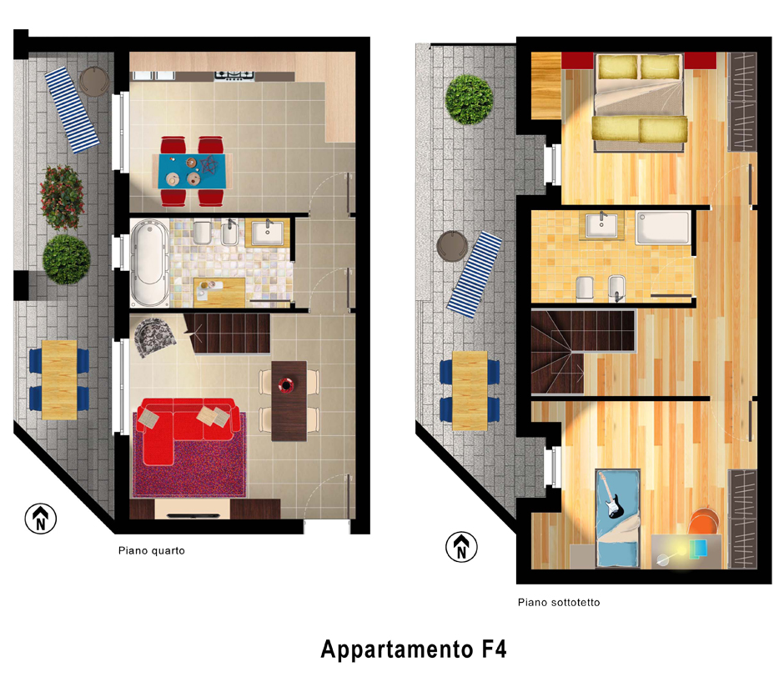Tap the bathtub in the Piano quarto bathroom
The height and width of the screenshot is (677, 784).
pyautogui.click(x=150, y=263)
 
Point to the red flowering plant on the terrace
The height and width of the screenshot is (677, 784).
pyautogui.click(x=62, y=198)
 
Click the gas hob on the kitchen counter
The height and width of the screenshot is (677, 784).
pyautogui.click(x=234, y=76)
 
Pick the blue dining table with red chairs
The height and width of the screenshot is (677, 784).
pyautogui.click(x=192, y=171)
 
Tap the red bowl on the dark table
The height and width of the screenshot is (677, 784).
pyautogui.click(x=285, y=385)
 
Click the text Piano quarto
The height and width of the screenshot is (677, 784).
pyautogui.click(x=152, y=550)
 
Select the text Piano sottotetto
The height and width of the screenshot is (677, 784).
pyautogui.click(x=559, y=603)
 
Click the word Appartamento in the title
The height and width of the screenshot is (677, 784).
pyautogui.click(x=396, y=649)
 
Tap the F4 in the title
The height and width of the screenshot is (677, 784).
pyautogui.click(x=494, y=649)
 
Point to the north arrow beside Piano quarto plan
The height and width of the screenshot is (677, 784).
pyautogui.click(x=41, y=519)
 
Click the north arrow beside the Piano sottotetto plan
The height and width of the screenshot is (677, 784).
pyautogui.click(x=461, y=546)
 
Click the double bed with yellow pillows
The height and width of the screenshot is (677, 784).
pyautogui.click(x=639, y=103)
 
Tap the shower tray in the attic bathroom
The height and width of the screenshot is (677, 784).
pyautogui.click(x=663, y=228)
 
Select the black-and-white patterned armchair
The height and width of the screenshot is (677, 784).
pyautogui.click(x=154, y=338)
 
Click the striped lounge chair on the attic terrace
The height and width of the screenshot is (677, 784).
pyautogui.click(x=474, y=274)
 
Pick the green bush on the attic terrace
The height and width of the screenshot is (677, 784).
pyautogui.click(x=469, y=99)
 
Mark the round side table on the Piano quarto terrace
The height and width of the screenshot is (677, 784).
pyautogui.click(x=94, y=81)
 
